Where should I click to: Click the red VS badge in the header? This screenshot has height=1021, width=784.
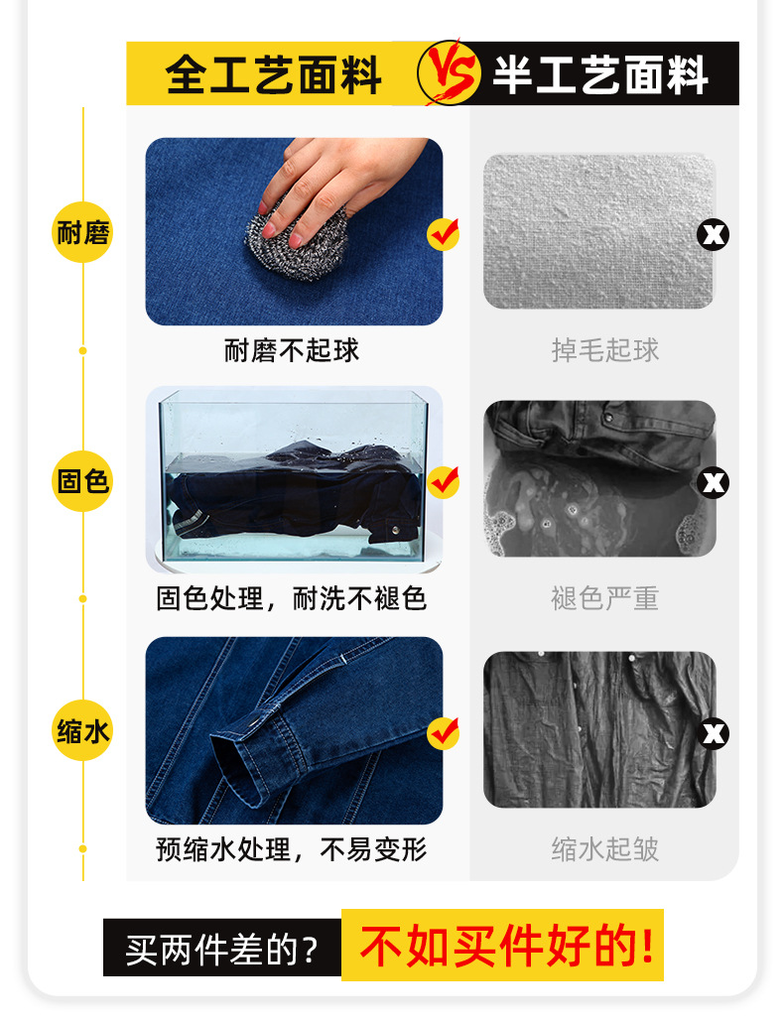[x=444, y=72]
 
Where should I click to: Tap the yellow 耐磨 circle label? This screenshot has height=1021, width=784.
[x=82, y=234]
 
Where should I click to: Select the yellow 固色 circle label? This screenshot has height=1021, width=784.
[x=82, y=482]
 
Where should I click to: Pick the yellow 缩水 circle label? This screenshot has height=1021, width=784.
[x=82, y=732]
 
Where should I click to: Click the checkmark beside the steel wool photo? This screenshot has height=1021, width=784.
[x=443, y=234]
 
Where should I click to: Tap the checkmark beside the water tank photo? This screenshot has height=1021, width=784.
[x=443, y=482]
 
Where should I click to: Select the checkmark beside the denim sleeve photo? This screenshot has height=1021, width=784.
[x=443, y=732]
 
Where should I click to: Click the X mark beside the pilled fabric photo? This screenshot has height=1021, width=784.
[x=714, y=235]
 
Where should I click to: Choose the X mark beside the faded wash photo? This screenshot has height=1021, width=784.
[x=714, y=483]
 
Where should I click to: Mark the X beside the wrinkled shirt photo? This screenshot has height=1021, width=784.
[x=714, y=733]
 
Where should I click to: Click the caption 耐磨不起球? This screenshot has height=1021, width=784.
[x=292, y=350]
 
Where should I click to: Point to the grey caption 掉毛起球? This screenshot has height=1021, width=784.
[x=605, y=350]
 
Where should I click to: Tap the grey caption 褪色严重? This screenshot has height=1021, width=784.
[x=605, y=598]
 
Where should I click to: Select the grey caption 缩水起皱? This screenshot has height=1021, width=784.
[x=605, y=849]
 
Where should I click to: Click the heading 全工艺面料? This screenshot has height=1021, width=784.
[x=273, y=74]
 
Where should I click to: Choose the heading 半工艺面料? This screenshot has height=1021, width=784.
[x=600, y=74]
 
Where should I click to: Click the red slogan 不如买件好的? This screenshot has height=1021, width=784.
[x=506, y=946]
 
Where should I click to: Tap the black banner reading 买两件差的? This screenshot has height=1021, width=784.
[x=222, y=950]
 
